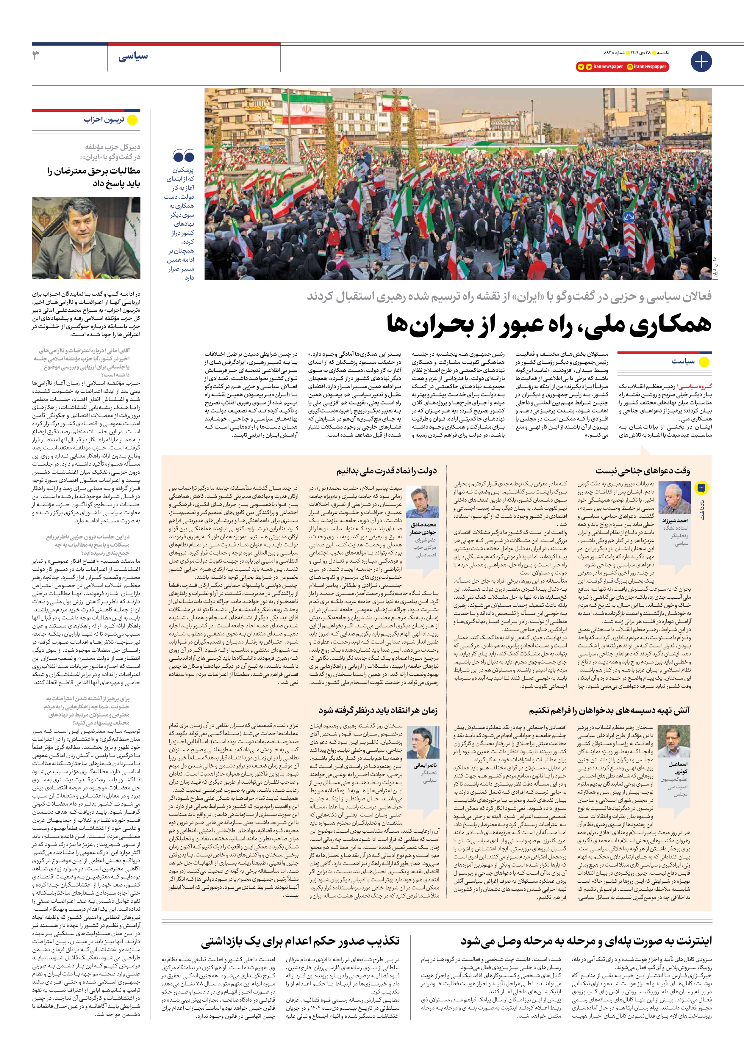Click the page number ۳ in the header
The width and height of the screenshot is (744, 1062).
pos(36,56)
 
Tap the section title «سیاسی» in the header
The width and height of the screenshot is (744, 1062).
pos(133,57)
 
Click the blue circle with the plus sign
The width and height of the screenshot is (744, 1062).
pos(701,62)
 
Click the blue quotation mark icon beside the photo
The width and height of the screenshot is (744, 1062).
pos(183,156)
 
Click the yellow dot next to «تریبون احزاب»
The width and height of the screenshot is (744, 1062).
pos(132,120)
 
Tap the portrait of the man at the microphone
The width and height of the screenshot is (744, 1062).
pos(86,238)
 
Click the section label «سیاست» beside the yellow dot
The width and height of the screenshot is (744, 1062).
pos(683,361)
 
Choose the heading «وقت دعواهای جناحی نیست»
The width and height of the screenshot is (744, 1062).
pos(643,471)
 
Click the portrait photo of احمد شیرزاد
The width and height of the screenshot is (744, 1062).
pos(675,498)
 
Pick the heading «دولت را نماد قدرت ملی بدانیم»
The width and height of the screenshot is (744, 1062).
pos(387,471)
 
